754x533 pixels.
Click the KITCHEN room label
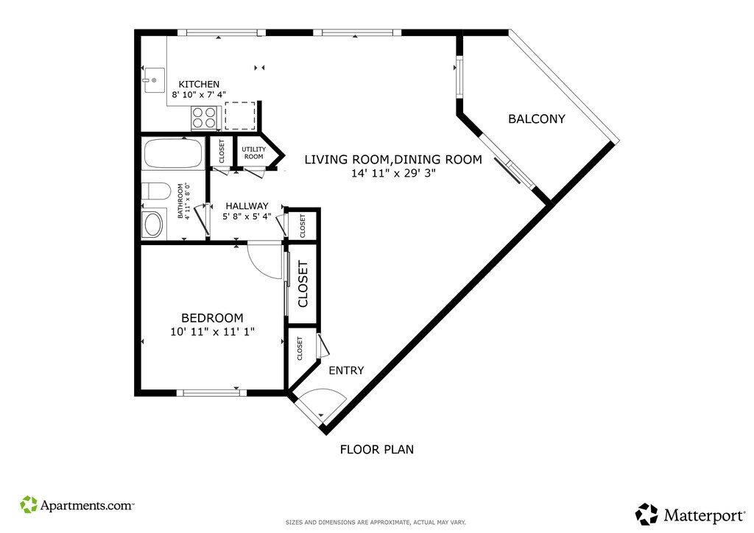[199, 85]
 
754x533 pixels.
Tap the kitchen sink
[154, 80]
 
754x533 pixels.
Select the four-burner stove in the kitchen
[204, 117]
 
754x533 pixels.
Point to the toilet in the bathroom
[156, 191]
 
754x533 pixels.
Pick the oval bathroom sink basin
[153, 225]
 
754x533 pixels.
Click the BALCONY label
[537, 119]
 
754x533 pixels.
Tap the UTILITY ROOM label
[253, 153]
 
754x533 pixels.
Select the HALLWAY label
[247, 206]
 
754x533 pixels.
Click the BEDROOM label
[212, 318]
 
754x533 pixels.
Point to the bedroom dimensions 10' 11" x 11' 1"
[212, 331]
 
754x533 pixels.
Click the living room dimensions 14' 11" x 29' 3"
[393, 173]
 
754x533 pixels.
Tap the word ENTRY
[346, 370]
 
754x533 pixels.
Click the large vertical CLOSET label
[303, 284]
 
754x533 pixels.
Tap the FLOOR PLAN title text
[377, 449]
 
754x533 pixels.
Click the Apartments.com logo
[77, 505]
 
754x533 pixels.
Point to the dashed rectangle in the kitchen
[240, 116]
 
